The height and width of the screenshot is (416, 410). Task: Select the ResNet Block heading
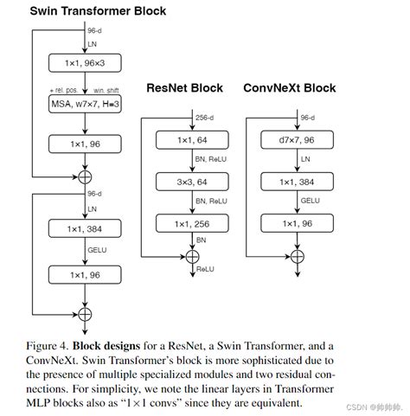pyautogui.click(x=184, y=88)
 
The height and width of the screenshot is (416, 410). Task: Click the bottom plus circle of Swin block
pyautogui.click(x=85, y=312)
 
